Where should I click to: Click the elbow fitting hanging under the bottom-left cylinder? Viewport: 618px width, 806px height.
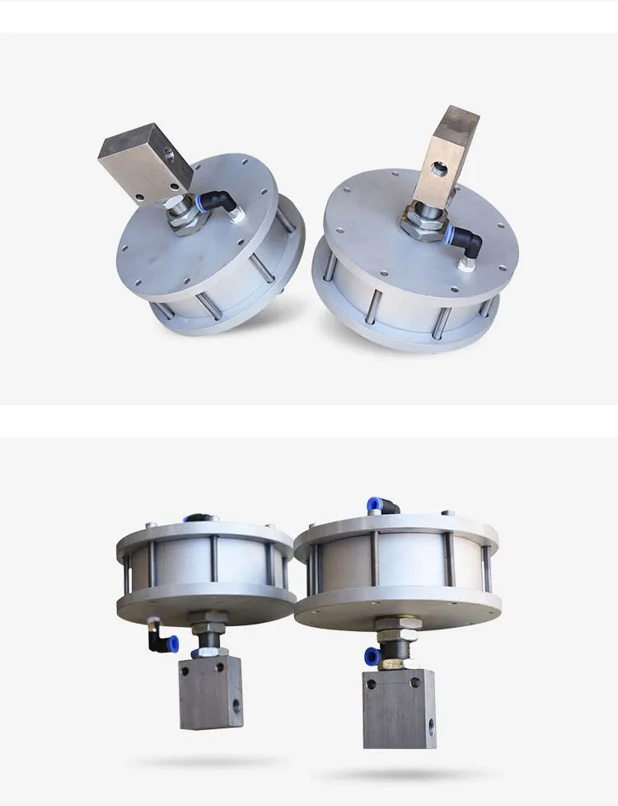coord(161,639)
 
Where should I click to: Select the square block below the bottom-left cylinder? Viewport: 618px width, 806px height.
coord(211,691)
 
